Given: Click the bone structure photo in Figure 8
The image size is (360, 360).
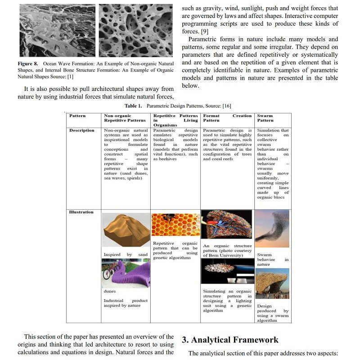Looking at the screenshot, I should click(136, 31).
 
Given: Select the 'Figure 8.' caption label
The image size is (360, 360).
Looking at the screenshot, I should click(28, 64).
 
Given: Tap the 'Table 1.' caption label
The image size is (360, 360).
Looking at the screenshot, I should click(134, 106).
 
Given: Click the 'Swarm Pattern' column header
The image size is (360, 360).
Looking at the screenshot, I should click(265, 118).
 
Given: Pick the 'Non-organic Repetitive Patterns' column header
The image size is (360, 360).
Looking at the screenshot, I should click(125, 118).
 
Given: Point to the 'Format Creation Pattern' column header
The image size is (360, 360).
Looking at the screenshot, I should click(227, 118).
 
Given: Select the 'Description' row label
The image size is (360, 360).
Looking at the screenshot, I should click(82, 130).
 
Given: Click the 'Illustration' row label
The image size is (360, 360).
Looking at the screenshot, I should click(81, 212).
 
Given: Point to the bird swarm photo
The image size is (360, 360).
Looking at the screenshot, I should click(272, 229).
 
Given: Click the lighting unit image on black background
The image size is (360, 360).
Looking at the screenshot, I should click(227, 272).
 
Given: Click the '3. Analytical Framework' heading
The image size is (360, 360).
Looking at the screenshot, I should click(230, 340).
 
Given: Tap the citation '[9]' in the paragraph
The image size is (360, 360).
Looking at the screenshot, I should click(204, 31).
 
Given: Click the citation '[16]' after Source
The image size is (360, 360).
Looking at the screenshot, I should click(227, 106).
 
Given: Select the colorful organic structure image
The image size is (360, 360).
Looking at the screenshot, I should click(227, 224).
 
